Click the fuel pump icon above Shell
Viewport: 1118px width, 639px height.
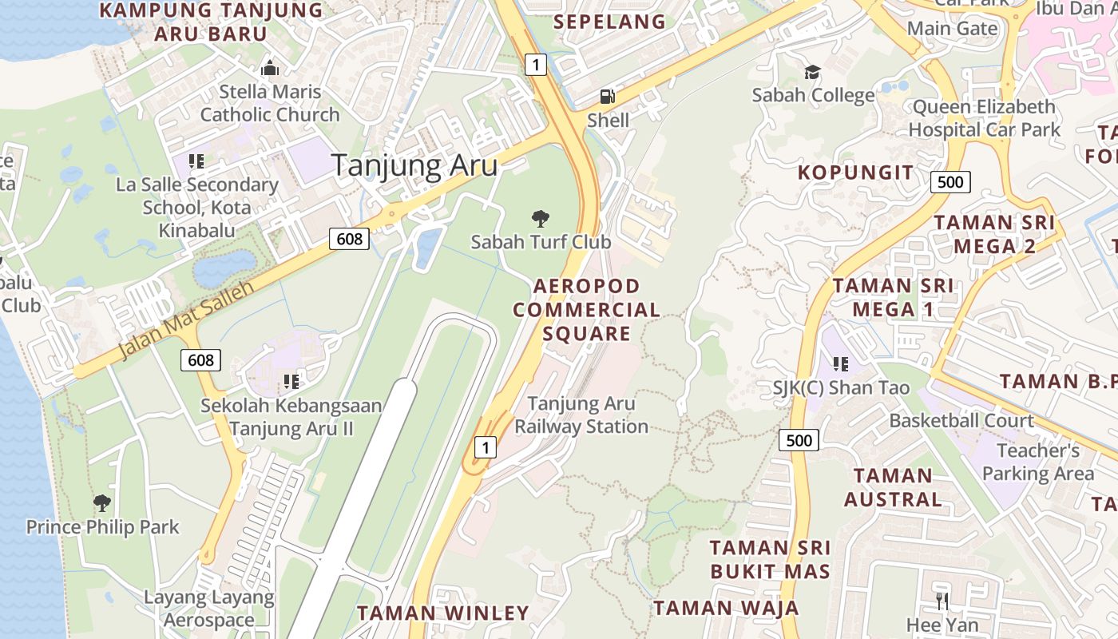[x=608, y=97]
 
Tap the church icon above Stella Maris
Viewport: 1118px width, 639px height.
[x=270, y=68]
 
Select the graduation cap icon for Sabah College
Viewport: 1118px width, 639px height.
[x=812, y=72]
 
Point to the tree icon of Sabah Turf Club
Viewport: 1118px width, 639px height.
[x=541, y=217]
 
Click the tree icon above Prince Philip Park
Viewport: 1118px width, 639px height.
[x=101, y=503]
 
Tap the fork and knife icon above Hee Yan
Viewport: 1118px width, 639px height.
[x=942, y=601]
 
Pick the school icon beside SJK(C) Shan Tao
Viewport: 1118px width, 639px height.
[x=840, y=364]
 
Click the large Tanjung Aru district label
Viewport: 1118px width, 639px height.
[x=414, y=165]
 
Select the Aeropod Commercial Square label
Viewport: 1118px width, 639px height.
[x=587, y=309]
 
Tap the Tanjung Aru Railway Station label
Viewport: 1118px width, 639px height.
[x=581, y=415]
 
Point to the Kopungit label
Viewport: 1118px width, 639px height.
[x=855, y=173]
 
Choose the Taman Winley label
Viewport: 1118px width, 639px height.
[x=442, y=613]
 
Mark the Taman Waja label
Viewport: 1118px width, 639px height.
[x=726, y=608]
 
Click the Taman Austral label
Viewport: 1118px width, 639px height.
[x=892, y=487]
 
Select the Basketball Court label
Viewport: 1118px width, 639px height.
[x=961, y=420]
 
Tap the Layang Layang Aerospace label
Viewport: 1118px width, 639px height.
[x=209, y=609]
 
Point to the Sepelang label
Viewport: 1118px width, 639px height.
[x=609, y=22]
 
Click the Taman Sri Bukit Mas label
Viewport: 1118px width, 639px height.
[x=770, y=559]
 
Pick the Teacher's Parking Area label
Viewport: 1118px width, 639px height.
[x=1038, y=462]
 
